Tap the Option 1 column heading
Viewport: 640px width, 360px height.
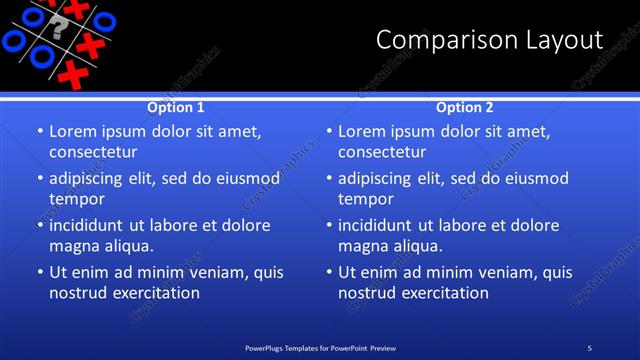176,107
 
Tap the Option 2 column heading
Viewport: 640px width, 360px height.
465,107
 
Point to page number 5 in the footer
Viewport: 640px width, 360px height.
589,348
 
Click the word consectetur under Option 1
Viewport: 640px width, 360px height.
93,153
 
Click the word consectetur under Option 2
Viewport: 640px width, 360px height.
382,153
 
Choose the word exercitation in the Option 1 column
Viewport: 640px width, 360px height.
155,293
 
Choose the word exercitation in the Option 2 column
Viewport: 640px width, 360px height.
444,293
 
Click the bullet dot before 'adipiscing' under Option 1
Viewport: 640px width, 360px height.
39,179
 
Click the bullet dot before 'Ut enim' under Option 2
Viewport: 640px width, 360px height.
328,272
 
